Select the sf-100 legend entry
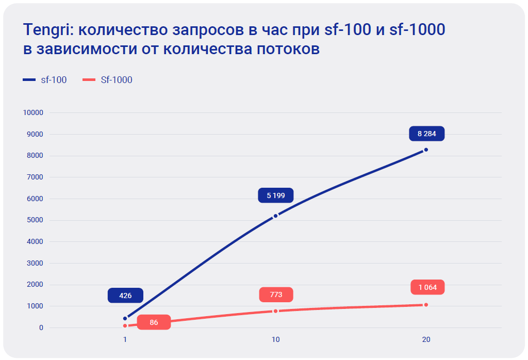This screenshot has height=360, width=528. [x=45, y=80]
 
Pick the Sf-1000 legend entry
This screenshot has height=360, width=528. [x=108, y=80]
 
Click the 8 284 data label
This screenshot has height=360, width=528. [x=426, y=134]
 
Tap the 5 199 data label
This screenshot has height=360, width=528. [x=276, y=195]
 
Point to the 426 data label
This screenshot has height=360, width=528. [x=125, y=296]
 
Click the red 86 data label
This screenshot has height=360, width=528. [x=154, y=323]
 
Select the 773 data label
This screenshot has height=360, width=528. [x=276, y=294]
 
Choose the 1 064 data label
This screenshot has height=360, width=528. [x=427, y=287]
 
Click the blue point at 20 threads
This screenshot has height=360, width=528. [x=426, y=150]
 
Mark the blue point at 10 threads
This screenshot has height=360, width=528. [x=275, y=216]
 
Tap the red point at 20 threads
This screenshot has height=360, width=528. [x=426, y=305]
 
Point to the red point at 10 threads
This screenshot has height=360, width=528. [x=275, y=311]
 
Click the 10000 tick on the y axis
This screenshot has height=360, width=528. [x=33, y=112]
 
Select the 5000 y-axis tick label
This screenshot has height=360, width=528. [x=35, y=220]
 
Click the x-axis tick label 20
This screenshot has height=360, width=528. [x=426, y=340]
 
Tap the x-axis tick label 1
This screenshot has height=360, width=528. [x=125, y=340]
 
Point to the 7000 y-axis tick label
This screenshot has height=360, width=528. [x=35, y=177]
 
